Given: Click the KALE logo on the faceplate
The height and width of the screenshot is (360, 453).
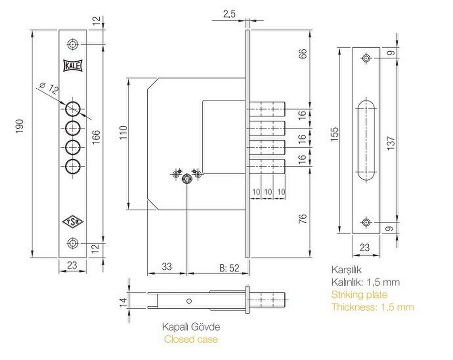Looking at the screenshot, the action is pos(73,65).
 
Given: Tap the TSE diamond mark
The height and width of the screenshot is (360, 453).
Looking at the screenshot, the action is pos(73,222).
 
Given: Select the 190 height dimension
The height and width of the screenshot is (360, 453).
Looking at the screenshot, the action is pos(19,126).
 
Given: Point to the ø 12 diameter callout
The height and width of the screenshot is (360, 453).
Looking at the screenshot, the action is pos(48,88).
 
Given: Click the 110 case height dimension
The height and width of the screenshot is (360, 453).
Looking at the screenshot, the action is pos(123,133).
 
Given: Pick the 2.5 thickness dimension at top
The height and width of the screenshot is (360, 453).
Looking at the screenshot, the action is pos(229,14).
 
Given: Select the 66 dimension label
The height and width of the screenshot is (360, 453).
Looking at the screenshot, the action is pos(303,54).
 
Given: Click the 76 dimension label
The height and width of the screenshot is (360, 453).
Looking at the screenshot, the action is pos(303,219).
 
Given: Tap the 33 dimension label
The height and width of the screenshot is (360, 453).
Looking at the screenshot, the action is pos(167,266).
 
